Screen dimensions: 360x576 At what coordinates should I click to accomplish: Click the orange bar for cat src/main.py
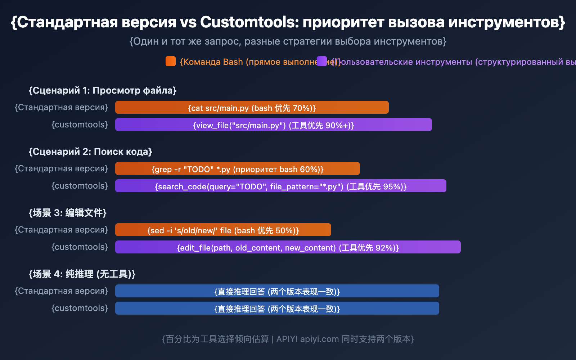click(252, 107)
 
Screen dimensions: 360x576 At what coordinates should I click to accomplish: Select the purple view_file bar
click(274, 125)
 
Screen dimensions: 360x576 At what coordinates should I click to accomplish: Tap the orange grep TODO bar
click(238, 168)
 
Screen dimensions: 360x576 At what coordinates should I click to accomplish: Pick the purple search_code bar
click(281, 186)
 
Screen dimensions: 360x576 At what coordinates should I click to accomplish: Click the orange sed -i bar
click(223, 230)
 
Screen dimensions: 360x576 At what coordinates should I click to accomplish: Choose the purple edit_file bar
click(288, 247)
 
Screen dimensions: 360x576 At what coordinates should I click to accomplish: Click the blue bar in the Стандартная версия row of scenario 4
click(277, 291)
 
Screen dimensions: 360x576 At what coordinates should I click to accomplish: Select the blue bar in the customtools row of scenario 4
click(277, 308)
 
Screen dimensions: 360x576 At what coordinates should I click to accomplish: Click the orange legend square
click(171, 61)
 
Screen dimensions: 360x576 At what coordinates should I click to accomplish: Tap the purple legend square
click(322, 61)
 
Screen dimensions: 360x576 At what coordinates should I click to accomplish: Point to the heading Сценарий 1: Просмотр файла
click(103, 90)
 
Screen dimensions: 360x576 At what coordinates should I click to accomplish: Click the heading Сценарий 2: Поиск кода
click(90, 152)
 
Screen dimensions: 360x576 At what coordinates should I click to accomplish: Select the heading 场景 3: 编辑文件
click(68, 213)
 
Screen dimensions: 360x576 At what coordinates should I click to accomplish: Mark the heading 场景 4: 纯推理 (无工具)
click(82, 274)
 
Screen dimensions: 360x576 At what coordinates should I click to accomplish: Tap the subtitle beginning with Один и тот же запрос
click(288, 41)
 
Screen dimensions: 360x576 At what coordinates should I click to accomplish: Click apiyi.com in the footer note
click(319, 339)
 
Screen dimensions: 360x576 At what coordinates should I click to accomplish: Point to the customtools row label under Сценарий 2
click(80, 186)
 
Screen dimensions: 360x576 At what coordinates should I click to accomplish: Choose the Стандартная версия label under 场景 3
click(61, 230)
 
